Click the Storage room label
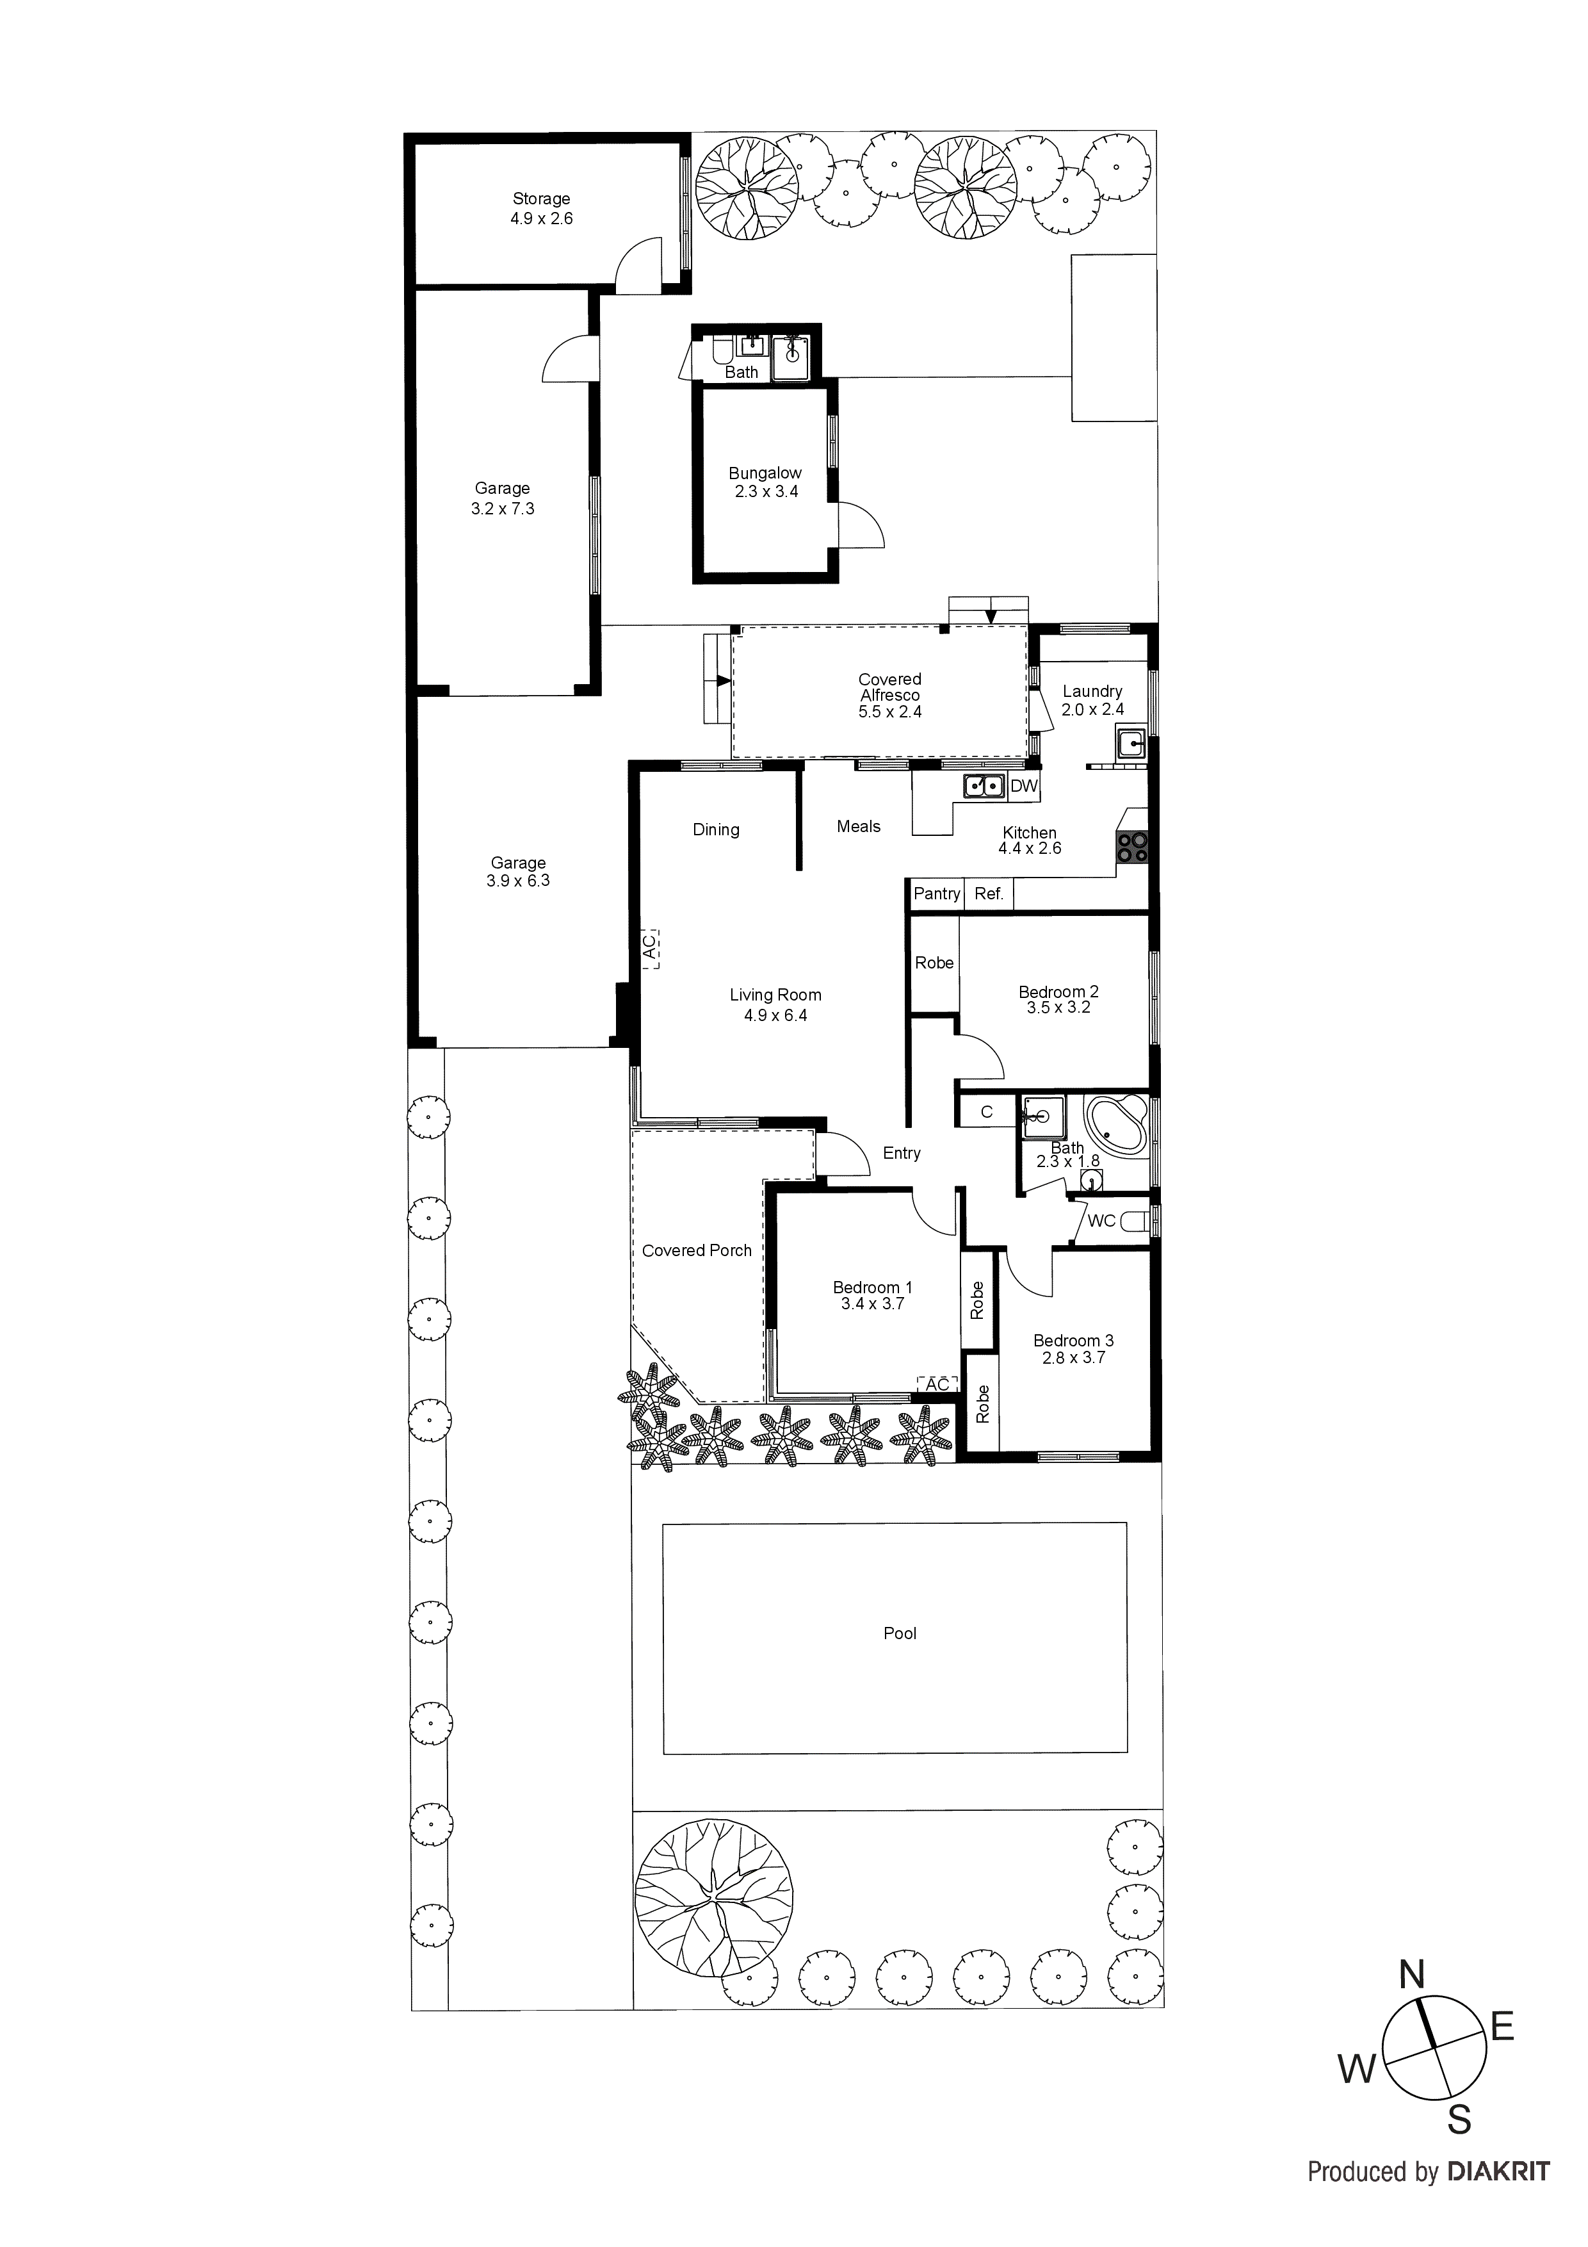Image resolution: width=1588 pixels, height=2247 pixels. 541,199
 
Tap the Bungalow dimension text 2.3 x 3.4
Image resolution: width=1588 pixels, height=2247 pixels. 766,491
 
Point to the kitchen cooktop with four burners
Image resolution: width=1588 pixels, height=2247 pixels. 1133,847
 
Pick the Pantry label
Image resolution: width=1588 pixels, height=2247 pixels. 936,894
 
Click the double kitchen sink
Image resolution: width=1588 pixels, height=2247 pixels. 984,785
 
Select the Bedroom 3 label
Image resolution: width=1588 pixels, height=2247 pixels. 1073,1340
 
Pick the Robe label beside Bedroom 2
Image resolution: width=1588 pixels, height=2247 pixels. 934,963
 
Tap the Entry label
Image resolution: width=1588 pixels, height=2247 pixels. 901,1153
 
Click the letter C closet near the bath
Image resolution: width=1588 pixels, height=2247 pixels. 986,1112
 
